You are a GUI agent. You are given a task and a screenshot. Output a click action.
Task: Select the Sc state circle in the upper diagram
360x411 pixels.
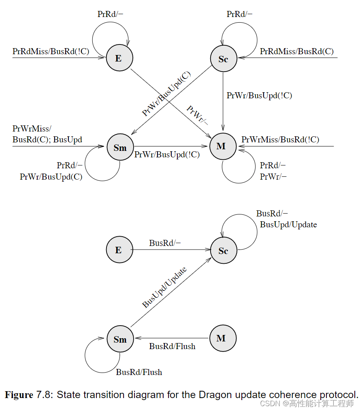tap(223, 59)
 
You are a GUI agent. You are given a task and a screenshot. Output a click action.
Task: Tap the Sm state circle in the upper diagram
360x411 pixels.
tap(120, 147)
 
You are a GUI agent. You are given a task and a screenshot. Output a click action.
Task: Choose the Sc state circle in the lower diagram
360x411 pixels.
tap(223, 251)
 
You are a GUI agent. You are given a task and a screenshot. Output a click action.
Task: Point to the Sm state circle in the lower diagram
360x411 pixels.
tap(120, 339)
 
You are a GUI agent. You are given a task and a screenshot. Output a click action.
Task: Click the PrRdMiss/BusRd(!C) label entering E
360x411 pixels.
tap(51, 51)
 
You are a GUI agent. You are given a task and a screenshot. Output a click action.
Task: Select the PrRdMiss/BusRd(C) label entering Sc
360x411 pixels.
tap(296, 51)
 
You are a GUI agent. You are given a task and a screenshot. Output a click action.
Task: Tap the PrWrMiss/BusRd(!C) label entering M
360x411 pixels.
tap(280, 140)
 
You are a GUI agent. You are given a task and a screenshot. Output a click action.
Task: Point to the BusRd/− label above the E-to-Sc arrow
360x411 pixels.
tap(165, 243)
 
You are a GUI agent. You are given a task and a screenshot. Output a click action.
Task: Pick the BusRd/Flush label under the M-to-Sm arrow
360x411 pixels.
tap(172, 346)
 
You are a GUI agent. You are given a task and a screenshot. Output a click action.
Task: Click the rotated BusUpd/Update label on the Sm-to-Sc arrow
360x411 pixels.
tap(164, 288)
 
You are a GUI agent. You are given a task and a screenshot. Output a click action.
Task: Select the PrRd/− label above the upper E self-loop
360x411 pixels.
tap(111, 14)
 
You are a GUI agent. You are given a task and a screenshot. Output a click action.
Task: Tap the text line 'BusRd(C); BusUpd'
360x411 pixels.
tap(47, 140)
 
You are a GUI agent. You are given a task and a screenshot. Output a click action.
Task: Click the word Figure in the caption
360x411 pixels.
tap(19, 395)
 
